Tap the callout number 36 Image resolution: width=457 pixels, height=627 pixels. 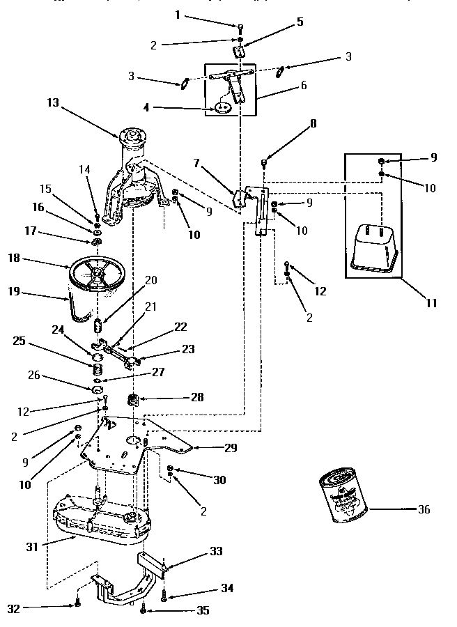point(423,509)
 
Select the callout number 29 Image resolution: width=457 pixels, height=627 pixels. point(230,449)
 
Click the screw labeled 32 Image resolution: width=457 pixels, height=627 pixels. point(78,604)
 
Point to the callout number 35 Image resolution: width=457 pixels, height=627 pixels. point(203,610)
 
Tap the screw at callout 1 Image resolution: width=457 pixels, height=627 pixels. point(240,29)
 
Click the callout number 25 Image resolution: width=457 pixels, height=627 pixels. point(18,341)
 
